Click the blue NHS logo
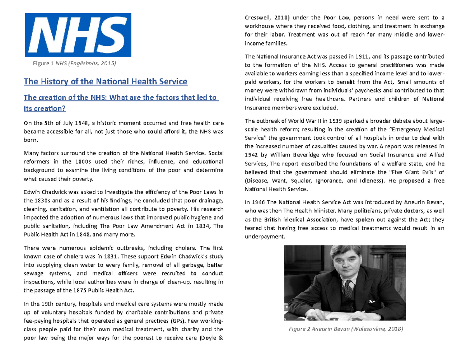coord(78,35)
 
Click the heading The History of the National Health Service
coord(106,82)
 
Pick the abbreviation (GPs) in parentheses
coord(178,321)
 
